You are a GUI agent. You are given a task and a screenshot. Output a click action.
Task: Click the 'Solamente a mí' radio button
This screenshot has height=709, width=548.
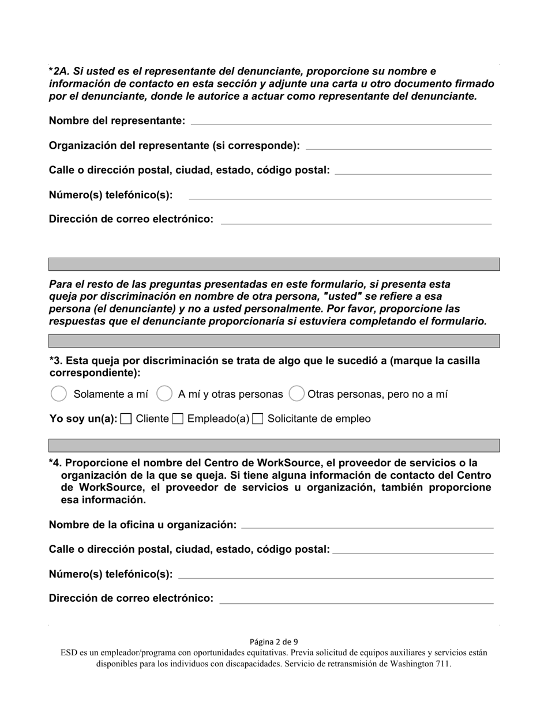coord(59,394)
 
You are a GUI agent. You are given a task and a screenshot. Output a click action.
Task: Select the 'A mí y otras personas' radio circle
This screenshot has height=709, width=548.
coord(164,394)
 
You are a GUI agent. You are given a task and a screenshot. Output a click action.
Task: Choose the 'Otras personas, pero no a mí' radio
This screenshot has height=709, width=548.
coord(296,394)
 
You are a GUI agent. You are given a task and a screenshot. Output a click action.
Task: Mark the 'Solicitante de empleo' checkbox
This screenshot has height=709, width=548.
coord(258,419)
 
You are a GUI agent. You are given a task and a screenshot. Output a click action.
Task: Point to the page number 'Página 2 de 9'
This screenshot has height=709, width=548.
coord(274,642)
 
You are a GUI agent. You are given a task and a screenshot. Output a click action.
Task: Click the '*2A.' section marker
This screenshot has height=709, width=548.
coord(59,71)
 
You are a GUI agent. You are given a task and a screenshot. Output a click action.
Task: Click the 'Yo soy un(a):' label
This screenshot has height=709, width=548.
coord(83,419)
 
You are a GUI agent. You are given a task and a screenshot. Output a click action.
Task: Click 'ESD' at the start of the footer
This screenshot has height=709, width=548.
coord(69,653)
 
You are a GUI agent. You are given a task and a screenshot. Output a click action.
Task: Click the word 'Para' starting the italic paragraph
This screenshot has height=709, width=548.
coord(60,284)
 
